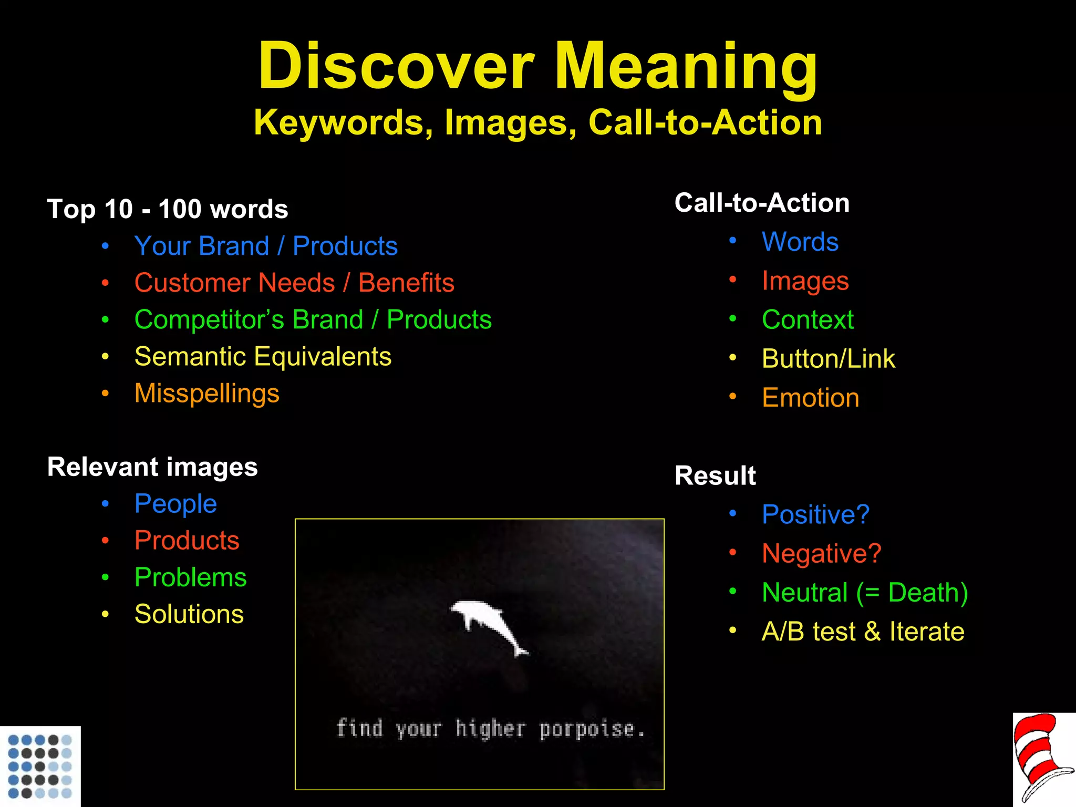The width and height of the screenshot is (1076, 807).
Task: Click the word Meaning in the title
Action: [x=686, y=67]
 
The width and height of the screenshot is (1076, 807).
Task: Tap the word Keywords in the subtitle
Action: [x=339, y=123]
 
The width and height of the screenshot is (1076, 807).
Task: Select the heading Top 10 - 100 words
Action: [x=168, y=209]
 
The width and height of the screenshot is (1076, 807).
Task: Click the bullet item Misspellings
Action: [x=206, y=394]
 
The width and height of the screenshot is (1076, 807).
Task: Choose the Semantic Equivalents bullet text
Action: [x=263, y=357]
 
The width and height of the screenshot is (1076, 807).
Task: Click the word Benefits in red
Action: [x=406, y=283]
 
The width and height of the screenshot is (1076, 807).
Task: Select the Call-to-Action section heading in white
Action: [x=762, y=203]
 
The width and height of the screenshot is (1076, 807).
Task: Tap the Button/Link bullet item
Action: [x=828, y=359]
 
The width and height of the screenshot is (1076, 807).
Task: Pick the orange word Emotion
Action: [x=810, y=398]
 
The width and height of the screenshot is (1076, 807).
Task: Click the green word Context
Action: [x=808, y=320]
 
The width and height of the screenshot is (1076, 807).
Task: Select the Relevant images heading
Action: [x=152, y=467]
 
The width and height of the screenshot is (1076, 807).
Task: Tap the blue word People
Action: [x=175, y=504]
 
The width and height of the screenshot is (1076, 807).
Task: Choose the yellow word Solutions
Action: [x=189, y=614]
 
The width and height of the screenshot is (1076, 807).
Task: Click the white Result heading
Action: [x=715, y=476]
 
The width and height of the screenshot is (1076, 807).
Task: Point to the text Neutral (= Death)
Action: [x=865, y=593]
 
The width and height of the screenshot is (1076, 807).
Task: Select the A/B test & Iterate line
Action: [x=863, y=632]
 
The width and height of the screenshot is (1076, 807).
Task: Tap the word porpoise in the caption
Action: [x=587, y=729]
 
